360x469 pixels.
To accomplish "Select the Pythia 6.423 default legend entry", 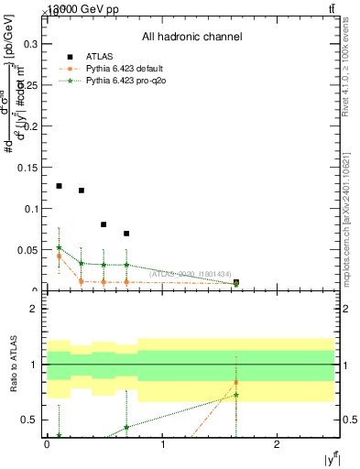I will (127, 69).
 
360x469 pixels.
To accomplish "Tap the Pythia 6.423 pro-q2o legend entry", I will (127, 82).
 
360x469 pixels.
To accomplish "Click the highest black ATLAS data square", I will (59, 186).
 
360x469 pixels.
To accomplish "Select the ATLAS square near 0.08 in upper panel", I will (104, 224).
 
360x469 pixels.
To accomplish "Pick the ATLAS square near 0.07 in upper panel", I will (126, 234).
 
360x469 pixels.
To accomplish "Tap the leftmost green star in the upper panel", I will (59, 247).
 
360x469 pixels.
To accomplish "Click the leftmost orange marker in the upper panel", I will (59, 256).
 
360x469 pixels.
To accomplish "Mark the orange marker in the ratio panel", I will (236, 382).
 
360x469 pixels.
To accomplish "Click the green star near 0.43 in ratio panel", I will (126, 427).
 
